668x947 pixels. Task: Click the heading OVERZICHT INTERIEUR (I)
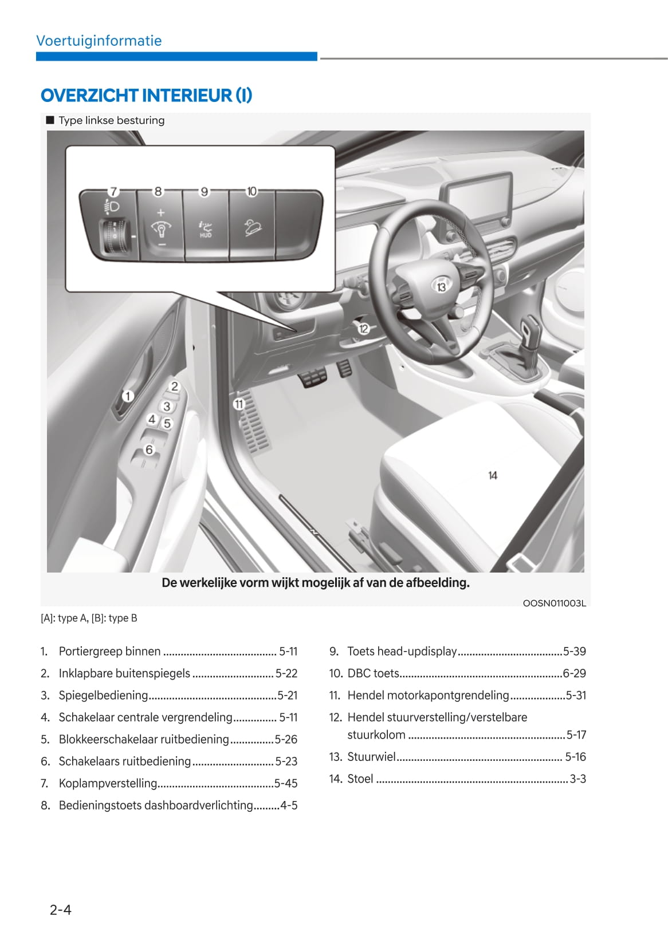click(x=146, y=95)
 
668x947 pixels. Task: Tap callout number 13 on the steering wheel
click(x=441, y=286)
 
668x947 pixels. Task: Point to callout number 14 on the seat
click(x=493, y=475)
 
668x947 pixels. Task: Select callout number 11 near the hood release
click(x=239, y=404)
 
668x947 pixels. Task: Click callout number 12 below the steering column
click(x=364, y=329)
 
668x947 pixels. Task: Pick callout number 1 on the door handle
click(x=128, y=396)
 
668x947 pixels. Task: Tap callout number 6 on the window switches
click(x=149, y=449)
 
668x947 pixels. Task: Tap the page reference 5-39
click(x=574, y=651)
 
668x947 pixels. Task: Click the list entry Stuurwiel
click(x=371, y=756)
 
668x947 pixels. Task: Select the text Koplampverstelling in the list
click(x=108, y=783)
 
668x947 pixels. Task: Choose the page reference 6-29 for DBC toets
click(x=574, y=673)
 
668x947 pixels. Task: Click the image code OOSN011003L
click(x=554, y=603)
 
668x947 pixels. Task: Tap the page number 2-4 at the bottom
click(x=60, y=909)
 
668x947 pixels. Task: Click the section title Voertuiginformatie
click(x=99, y=41)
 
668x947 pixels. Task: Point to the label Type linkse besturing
click(x=111, y=120)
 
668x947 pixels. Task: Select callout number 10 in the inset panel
click(x=252, y=191)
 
